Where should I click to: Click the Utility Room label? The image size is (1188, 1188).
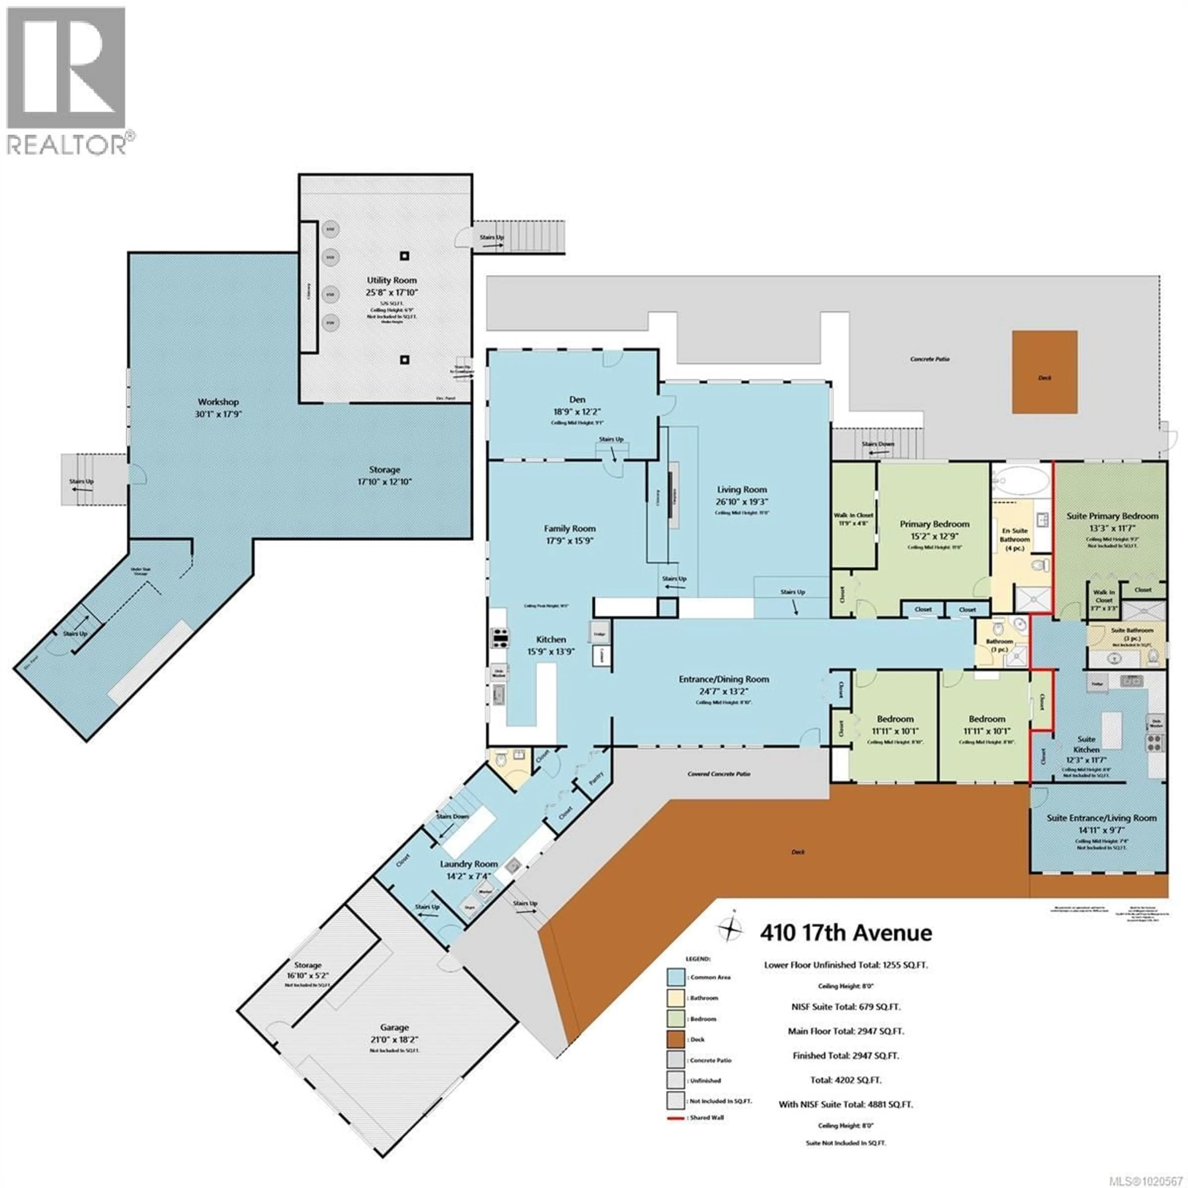coord(391,280)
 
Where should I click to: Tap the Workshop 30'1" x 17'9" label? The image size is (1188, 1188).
coord(218,408)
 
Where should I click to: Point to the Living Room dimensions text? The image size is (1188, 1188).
coord(742,502)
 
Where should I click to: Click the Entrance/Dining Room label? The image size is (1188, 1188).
coord(724,679)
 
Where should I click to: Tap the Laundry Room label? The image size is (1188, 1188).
coord(469,864)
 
